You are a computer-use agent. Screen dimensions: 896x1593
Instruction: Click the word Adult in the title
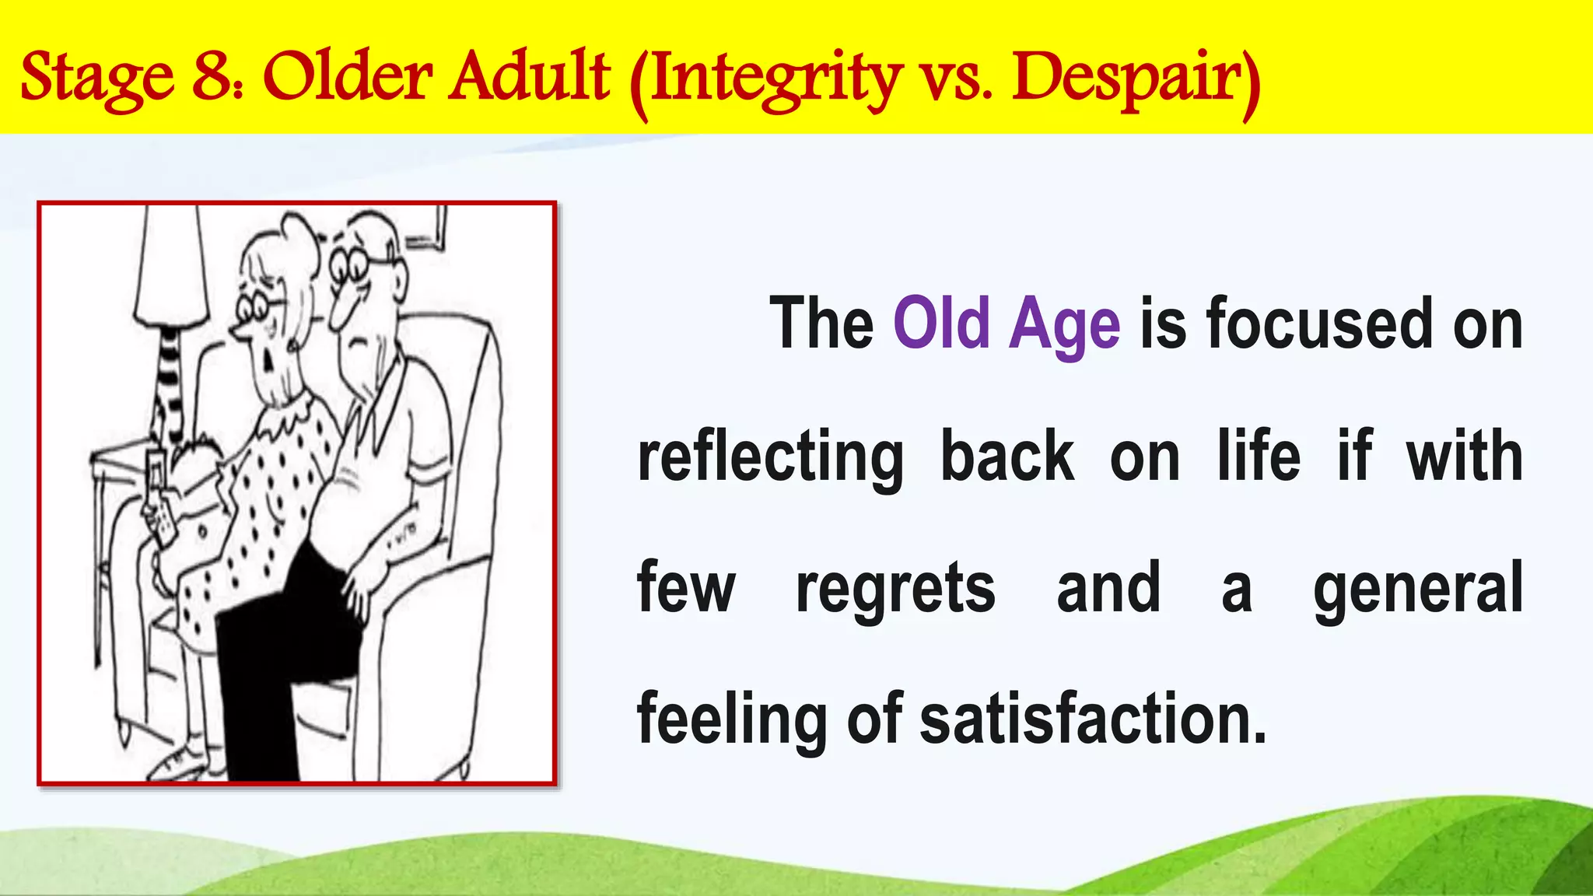pos(529,78)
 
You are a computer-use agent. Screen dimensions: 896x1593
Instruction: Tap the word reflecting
pos(770,457)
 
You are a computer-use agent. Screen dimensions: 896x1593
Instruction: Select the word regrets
pos(895,589)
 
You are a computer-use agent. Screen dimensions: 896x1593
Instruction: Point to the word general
pos(1417,589)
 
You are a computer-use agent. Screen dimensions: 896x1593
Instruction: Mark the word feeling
pos(731,719)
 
